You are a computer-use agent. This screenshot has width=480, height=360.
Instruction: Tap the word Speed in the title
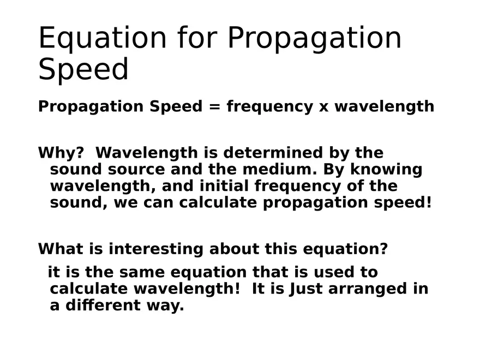click(83, 70)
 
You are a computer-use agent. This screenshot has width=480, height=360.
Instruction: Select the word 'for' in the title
click(196, 38)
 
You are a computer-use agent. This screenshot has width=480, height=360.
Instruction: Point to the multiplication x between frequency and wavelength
click(324, 106)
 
